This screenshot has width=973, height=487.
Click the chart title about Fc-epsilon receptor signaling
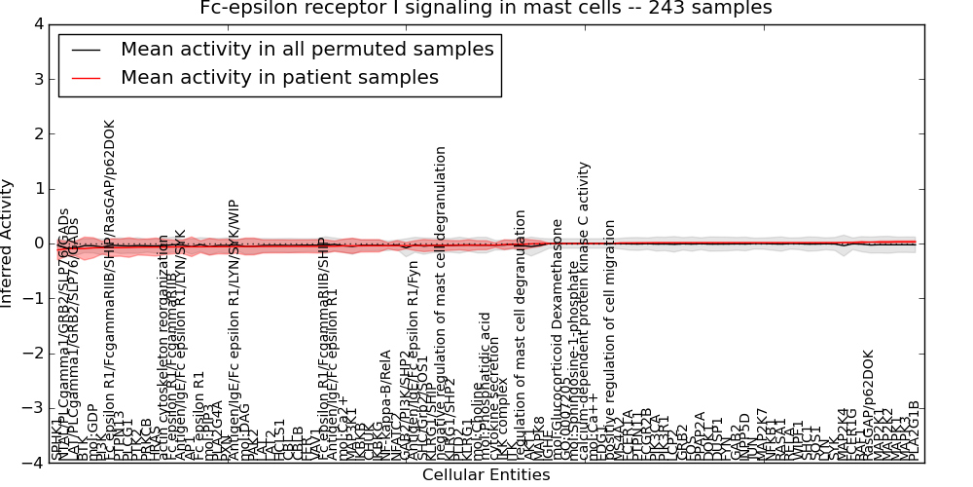click(486, 9)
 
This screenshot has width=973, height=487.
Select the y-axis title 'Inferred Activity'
click(9, 243)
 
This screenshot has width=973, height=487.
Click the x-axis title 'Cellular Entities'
click(486, 475)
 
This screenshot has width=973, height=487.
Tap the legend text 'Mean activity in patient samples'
click(279, 78)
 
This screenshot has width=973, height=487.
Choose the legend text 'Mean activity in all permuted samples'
click(306, 50)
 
